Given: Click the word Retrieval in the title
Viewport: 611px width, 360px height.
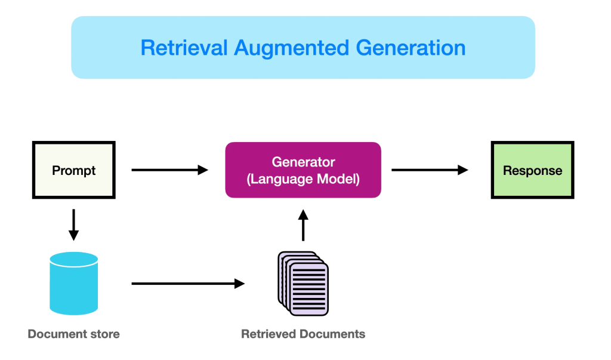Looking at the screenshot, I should pyautogui.click(x=184, y=48).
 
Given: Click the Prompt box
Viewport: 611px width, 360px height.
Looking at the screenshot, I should pyautogui.click(x=74, y=170).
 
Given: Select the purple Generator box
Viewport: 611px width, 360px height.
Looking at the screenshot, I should pyautogui.click(x=303, y=170).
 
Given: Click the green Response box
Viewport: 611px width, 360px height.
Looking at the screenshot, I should pyautogui.click(x=532, y=170).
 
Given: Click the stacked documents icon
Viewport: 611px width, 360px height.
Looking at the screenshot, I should pyautogui.click(x=303, y=283).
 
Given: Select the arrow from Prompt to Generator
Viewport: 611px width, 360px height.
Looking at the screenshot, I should pyautogui.click(x=169, y=170).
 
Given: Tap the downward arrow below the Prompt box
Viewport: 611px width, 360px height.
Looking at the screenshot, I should pyautogui.click(x=74, y=224).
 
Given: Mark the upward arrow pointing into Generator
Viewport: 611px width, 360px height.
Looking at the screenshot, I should pyautogui.click(x=303, y=225).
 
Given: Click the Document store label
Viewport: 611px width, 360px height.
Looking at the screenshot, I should pyautogui.click(x=74, y=334).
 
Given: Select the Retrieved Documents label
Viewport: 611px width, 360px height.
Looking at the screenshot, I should pyautogui.click(x=303, y=334).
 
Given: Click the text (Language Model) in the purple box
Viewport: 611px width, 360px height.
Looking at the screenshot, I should pyautogui.click(x=303, y=179).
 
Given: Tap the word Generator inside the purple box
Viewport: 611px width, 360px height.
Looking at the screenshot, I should pyautogui.click(x=303, y=162).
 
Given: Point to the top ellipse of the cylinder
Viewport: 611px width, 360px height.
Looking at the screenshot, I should pyautogui.click(x=74, y=259).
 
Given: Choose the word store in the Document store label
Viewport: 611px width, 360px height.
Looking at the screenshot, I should pyautogui.click(x=104, y=334).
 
